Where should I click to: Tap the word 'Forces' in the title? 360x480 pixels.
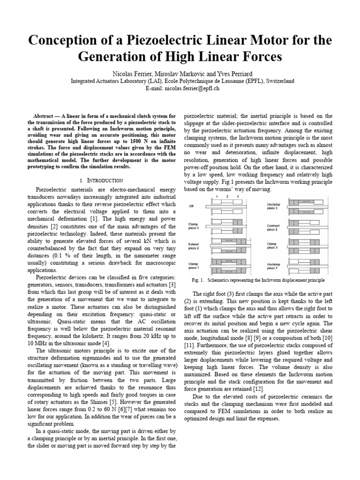(x=258, y=57)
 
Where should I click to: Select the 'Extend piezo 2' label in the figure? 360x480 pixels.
(x=194, y=247)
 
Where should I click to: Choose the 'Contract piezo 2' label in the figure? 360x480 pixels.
(x=274, y=227)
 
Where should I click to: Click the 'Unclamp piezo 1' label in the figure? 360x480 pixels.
(x=274, y=266)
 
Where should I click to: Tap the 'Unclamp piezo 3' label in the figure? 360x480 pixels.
(x=274, y=206)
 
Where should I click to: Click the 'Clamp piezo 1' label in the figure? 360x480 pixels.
(x=194, y=266)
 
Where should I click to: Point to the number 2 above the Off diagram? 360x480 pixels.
(x=228, y=197)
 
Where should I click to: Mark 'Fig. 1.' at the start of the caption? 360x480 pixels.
(x=199, y=280)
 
